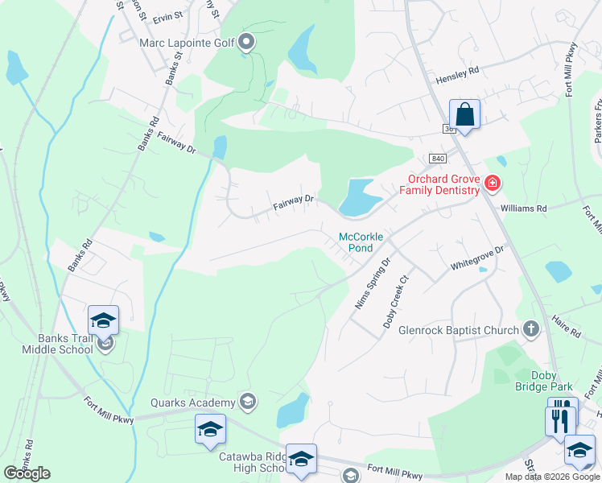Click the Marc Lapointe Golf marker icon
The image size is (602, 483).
pyautogui.click(x=247, y=41)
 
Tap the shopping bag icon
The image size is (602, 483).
pyautogui.click(x=464, y=114)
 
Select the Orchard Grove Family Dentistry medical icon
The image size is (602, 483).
pyautogui.click(x=492, y=185)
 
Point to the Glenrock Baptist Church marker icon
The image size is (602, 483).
pyautogui.click(x=530, y=328)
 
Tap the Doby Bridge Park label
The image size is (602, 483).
pyautogui.click(x=537, y=381)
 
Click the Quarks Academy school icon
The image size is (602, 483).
pyautogui.click(x=248, y=402)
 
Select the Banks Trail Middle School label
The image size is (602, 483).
pyautogui.click(x=55, y=345)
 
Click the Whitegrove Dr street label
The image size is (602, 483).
pyautogui.click(x=476, y=258)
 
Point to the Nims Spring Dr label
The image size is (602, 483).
pyautogui.click(x=372, y=284)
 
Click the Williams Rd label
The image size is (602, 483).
pyautogui.click(x=523, y=208)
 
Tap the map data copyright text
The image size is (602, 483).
pyautogui.click(x=551, y=477)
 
